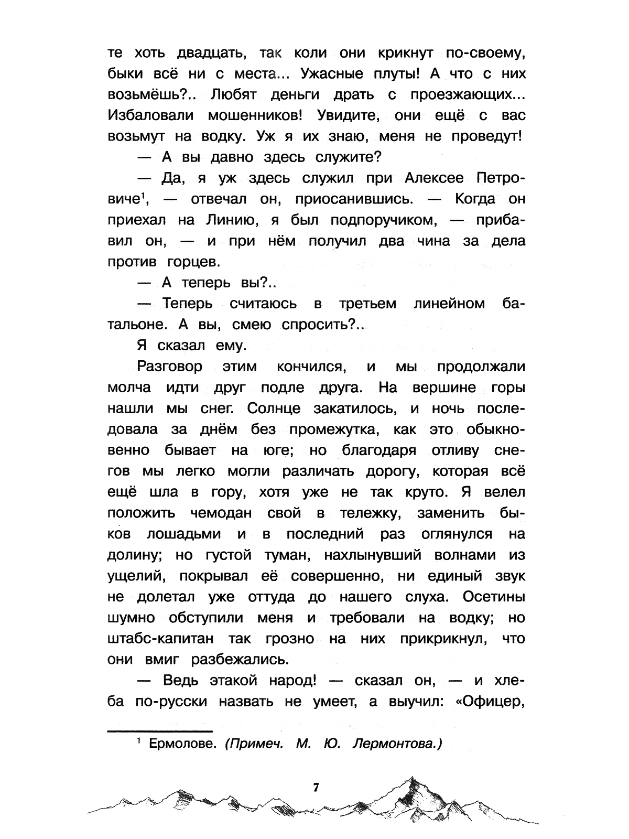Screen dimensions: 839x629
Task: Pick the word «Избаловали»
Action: pyautogui.click(x=151, y=115)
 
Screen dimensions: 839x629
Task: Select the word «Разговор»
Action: pyautogui.click(x=169, y=367)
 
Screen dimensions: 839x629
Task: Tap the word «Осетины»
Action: pyautogui.click(x=491, y=597)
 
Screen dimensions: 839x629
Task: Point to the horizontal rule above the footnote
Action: pyautogui.click(x=159, y=730)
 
